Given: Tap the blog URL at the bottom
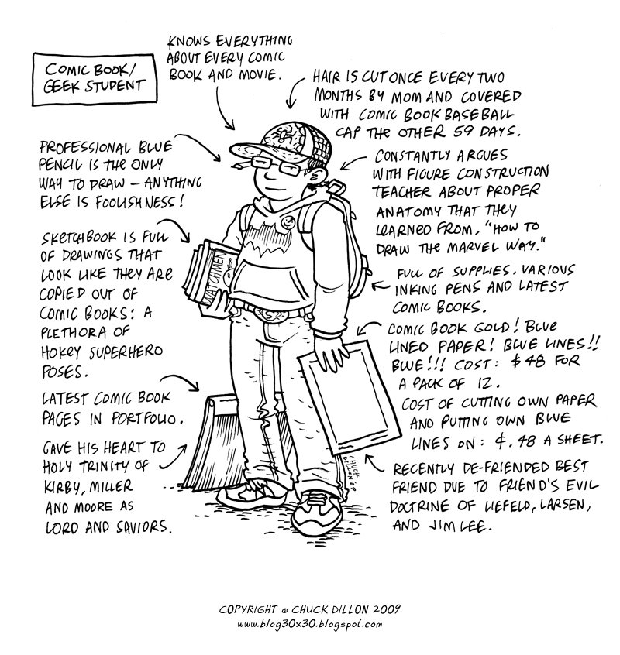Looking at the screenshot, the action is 309,624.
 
